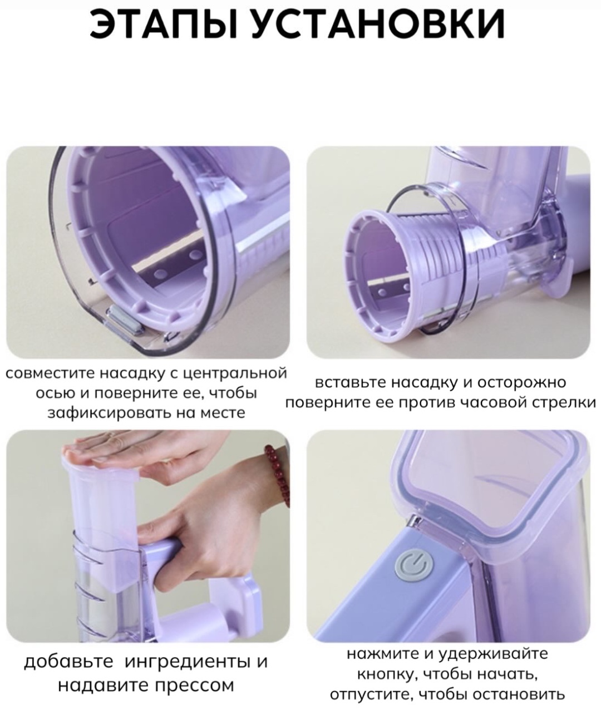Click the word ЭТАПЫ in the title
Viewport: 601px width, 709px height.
(x=164, y=24)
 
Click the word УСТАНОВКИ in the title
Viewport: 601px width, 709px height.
(x=378, y=24)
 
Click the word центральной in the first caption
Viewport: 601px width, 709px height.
(x=234, y=374)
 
